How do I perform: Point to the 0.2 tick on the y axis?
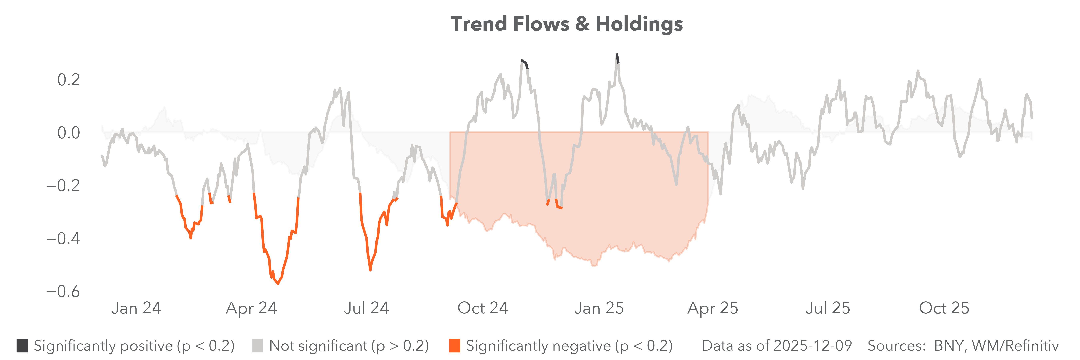tap(68, 80)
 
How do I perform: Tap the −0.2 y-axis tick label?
tap(63, 186)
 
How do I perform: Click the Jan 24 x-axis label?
tap(136, 308)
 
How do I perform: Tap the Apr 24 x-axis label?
tap(252, 308)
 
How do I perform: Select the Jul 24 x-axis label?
tap(366, 308)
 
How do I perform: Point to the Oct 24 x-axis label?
tap(483, 308)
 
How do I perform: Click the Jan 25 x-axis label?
tap(599, 308)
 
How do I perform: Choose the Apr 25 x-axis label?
tap(713, 308)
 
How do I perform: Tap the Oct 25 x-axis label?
tap(944, 308)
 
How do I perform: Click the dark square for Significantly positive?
tap(22, 346)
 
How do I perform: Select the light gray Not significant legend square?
tap(257, 346)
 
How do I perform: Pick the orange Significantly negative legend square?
tap(454, 346)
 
